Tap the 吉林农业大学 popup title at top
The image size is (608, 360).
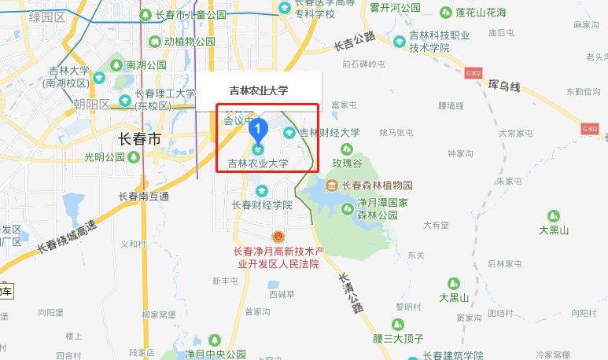(258, 90)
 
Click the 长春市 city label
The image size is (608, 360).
(139, 139)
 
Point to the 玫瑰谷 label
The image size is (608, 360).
(346, 163)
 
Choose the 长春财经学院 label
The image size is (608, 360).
(261, 204)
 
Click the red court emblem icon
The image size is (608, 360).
(276, 237)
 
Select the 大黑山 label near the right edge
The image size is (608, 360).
(554, 230)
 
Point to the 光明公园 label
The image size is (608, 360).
(105, 157)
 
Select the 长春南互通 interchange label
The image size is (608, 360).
(142, 197)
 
